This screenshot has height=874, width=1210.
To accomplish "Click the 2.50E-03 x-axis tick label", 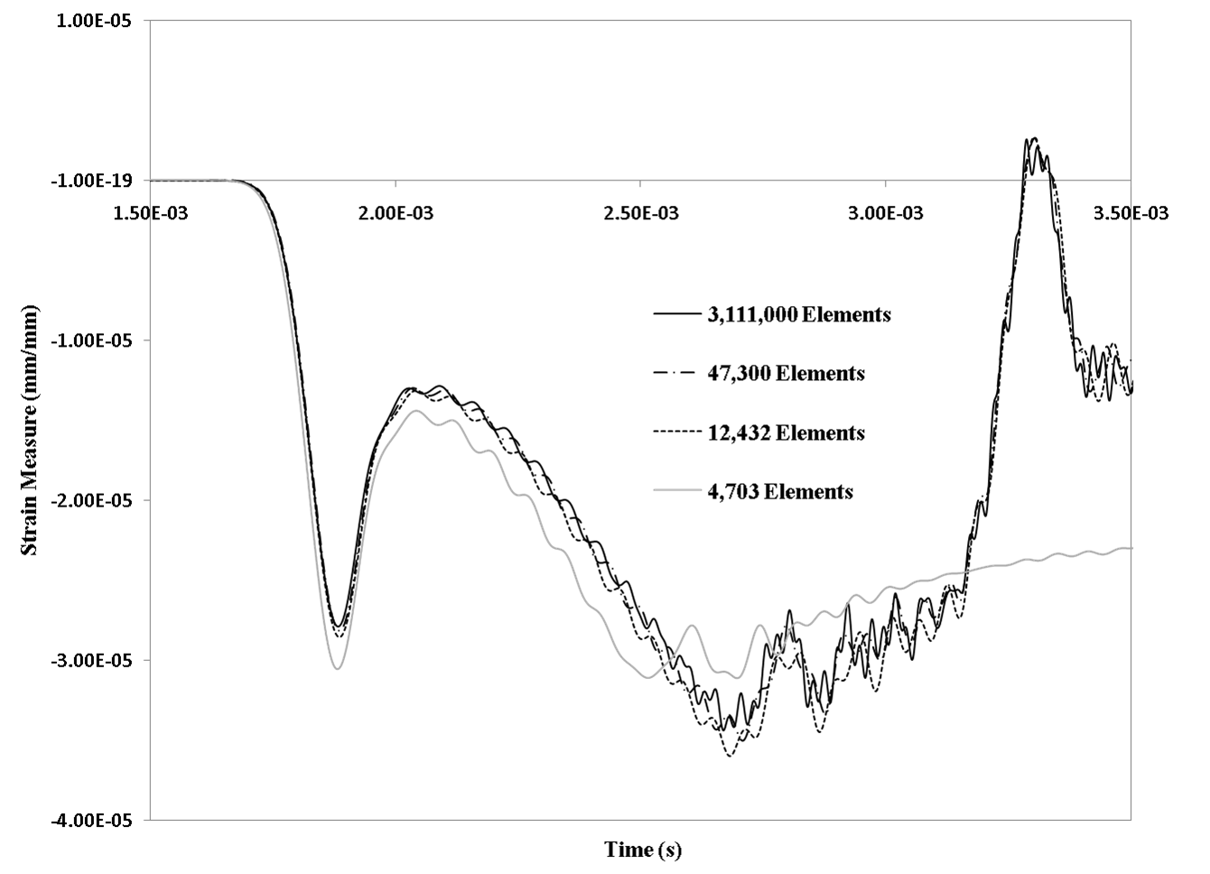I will click(640, 213).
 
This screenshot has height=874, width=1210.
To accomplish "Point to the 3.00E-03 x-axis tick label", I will click(886, 213).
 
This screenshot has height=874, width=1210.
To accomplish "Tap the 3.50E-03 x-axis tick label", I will click(1130, 213).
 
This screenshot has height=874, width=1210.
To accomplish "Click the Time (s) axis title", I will click(643, 850).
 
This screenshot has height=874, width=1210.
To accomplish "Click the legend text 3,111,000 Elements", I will click(799, 315).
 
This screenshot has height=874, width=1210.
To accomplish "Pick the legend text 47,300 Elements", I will click(786, 374).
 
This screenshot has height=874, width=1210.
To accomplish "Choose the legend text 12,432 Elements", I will click(786, 432).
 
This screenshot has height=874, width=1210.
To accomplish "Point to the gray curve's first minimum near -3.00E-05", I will click(337, 668).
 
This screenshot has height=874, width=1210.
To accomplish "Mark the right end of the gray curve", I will click(1131, 548).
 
